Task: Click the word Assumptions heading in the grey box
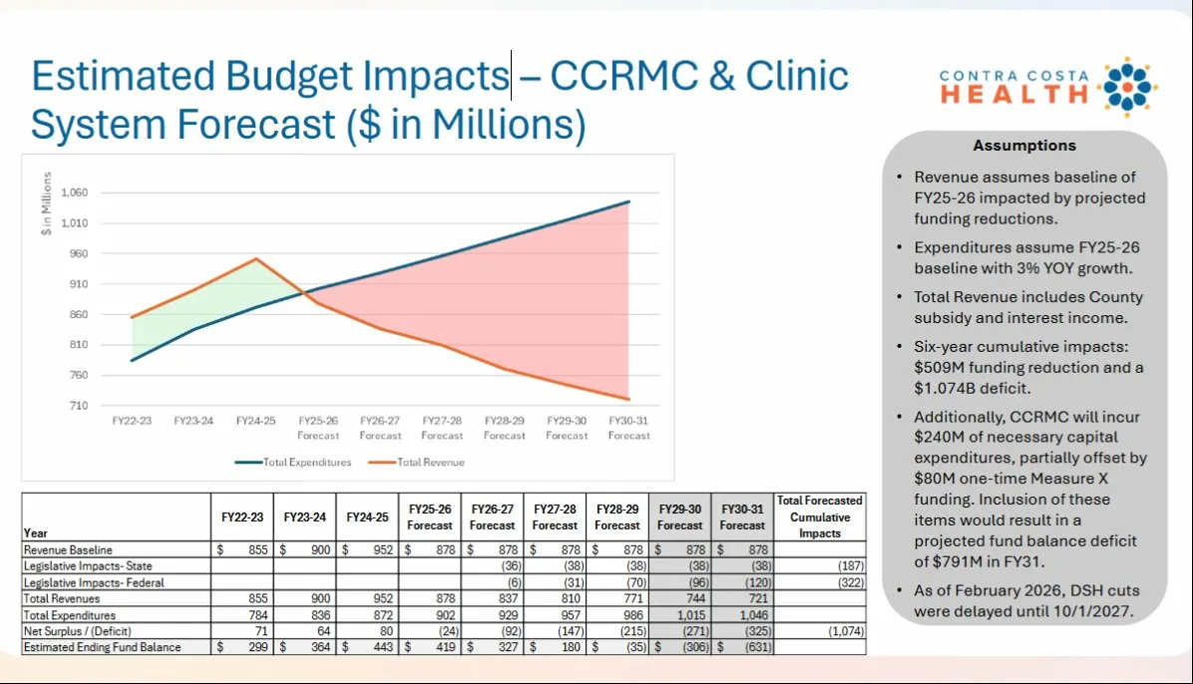tap(1024, 146)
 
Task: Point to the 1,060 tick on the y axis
tap(75, 192)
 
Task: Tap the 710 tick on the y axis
tap(80, 406)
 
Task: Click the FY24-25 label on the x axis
tap(256, 422)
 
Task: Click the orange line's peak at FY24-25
tap(256, 258)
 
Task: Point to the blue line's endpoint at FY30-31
tap(629, 201)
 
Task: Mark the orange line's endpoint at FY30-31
tap(629, 400)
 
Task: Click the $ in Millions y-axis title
tap(46, 204)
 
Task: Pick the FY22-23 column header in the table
tap(242, 517)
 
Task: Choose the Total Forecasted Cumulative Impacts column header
tap(819, 516)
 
